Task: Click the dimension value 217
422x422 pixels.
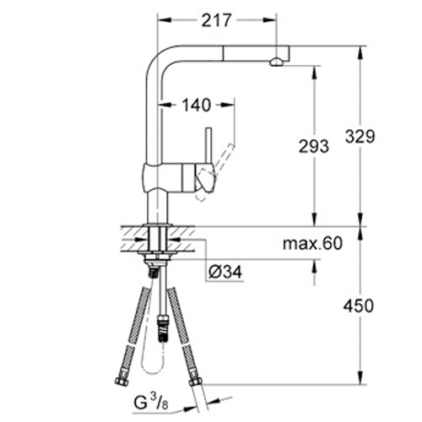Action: click(216, 19)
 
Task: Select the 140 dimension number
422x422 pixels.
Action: click(197, 105)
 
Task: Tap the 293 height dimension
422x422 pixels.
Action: click(314, 145)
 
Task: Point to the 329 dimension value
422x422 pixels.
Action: click(359, 134)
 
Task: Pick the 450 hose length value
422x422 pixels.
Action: click(359, 306)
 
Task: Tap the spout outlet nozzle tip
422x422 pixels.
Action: click(274, 62)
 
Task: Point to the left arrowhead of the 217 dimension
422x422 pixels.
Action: click(161, 19)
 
